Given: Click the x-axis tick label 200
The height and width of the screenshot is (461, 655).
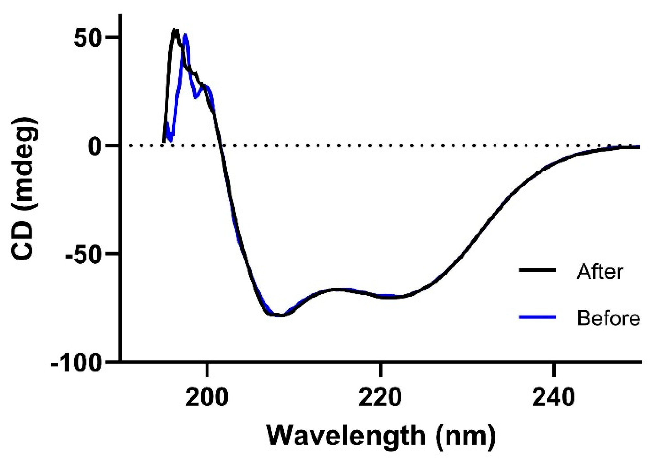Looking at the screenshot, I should [206, 398].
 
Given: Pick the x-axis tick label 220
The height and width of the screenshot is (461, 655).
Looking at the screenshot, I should [380, 398].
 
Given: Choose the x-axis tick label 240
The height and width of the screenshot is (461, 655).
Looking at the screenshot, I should [554, 398].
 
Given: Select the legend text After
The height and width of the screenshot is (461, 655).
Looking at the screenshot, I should [600, 271].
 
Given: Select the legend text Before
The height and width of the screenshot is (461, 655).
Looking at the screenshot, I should [608, 318].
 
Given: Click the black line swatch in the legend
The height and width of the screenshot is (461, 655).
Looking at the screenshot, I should [538, 270].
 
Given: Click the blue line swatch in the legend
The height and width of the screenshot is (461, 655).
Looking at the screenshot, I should [538, 317].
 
